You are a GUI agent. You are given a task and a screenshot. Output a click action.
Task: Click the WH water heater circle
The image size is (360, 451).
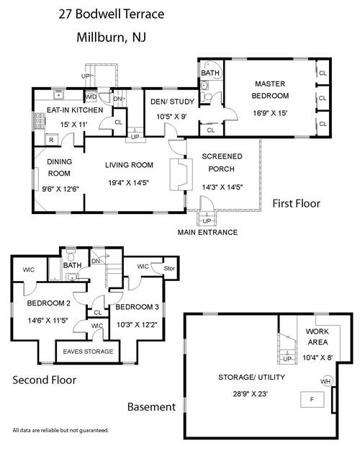326,381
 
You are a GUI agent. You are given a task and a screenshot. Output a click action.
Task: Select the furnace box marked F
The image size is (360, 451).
312,399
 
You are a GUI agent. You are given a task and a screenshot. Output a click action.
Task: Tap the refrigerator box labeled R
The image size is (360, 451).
52,140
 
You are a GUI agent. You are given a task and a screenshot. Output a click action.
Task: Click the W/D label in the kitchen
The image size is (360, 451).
91,97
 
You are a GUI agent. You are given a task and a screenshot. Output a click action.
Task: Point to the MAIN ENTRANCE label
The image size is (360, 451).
207,233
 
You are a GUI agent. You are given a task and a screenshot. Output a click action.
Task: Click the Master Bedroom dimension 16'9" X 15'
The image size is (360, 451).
270,113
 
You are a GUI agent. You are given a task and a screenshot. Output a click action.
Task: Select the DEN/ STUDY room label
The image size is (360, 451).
173,102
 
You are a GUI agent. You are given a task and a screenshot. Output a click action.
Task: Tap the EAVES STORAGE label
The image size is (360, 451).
88,352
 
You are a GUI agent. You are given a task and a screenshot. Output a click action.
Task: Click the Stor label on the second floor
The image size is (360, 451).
169,268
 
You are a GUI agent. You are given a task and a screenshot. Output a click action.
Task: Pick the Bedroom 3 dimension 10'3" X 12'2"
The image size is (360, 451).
137,325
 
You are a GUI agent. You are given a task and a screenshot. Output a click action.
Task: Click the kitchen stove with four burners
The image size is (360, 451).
40,121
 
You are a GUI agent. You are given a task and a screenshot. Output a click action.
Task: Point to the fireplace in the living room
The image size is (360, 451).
181,174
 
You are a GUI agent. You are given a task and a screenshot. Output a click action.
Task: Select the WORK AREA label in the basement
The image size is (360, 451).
318,337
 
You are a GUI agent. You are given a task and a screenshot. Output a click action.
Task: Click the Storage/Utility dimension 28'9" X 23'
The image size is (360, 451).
250,394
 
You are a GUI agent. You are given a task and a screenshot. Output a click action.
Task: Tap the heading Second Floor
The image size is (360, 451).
45,380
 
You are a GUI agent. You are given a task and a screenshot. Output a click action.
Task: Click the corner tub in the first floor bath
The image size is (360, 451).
210,69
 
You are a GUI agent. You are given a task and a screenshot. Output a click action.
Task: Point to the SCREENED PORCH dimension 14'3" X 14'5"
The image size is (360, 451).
222,187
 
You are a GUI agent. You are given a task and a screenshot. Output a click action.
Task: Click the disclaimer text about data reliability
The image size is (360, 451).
60,430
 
